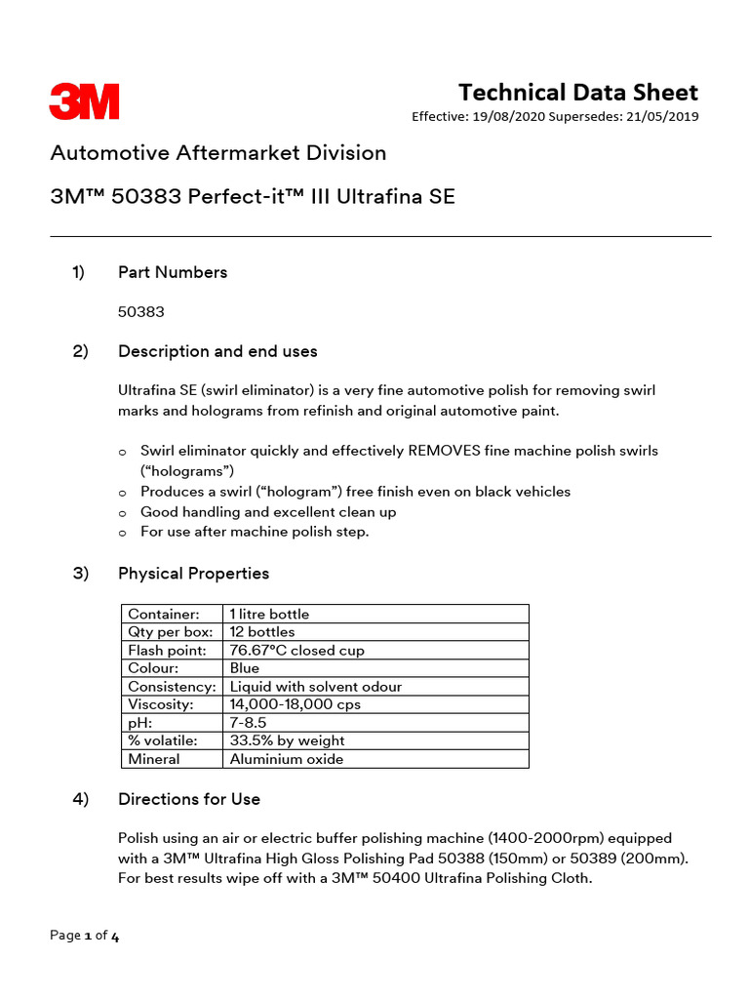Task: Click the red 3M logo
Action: click(x=84, y=101)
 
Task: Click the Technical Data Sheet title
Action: click(x=578, y=93)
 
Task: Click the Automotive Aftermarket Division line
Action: click(x=217, y=153)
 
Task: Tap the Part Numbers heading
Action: click(x=173, y=272)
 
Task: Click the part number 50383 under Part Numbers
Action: click(x=141, y=312)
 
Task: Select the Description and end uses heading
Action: click(x=217, y=351)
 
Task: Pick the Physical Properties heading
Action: click(x=193, y=574)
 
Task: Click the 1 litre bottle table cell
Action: click(x=269, y=614)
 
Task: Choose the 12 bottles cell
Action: click(x=261, y=632)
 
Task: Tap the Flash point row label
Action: click(x=167, y=650)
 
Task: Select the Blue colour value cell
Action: click(x=245, y=668)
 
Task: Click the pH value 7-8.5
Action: click(x=250, y=723)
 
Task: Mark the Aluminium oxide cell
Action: click(x=286, y=759)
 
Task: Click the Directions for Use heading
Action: click(x=189, y=799)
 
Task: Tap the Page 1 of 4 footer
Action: click(x=85, y=936)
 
